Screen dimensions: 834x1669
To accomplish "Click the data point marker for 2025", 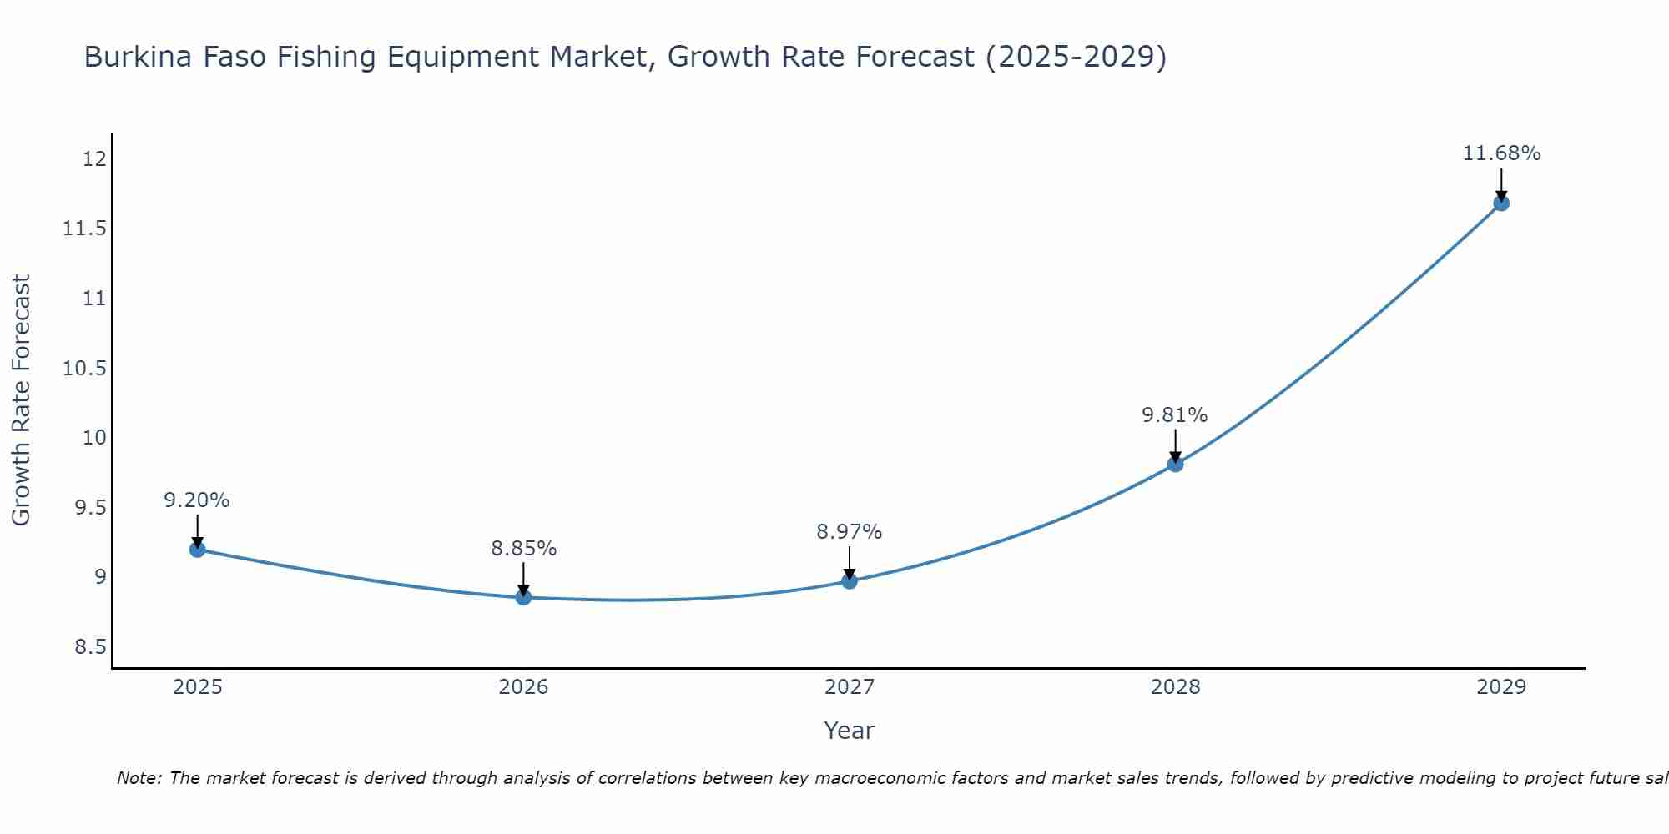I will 198,550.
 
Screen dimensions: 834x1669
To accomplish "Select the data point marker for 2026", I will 523,597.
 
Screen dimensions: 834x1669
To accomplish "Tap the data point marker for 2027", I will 850,580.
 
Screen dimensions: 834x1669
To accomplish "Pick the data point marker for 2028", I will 1175,464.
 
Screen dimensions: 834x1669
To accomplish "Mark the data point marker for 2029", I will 1501,203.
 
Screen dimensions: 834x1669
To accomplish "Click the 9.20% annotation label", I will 197,500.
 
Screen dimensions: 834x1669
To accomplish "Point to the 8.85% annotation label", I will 523,549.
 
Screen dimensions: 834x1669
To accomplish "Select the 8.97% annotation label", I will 850,532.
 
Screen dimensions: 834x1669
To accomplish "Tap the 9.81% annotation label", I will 1175,415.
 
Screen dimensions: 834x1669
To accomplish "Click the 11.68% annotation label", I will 1501,153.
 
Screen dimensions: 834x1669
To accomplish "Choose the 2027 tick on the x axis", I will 850,687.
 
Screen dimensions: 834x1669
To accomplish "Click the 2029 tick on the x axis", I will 1501,687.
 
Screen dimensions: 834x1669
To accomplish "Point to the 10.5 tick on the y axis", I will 85,368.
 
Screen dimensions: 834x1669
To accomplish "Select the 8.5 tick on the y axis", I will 90,647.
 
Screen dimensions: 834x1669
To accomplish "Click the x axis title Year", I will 850,731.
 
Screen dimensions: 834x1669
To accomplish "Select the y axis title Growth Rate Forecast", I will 21,400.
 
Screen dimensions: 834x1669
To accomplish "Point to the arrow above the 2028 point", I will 1175,445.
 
